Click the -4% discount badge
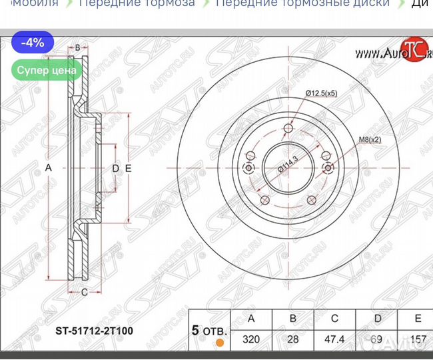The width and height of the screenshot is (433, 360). [32, 43]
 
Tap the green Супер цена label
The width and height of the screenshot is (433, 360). [47, 69]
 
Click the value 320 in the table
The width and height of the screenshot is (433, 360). [250, 339]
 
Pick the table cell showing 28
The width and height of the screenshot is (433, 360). [292, 339]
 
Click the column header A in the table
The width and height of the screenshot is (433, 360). [250, 319]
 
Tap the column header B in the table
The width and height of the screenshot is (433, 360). [292, 319]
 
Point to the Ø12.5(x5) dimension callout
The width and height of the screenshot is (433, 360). [321, 93]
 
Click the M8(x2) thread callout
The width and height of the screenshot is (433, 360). [370, 139]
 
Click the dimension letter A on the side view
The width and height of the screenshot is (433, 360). [48, 169]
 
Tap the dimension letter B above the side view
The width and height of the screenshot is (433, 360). [77, 47]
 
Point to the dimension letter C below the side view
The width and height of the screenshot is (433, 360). [84, 291]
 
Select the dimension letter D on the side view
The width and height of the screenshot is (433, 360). [115, 169]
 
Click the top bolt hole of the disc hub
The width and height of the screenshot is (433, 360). [288, 129]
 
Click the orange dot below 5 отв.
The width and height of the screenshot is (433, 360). [219, 344]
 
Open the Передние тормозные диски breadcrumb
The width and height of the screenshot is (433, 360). [302, 3]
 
